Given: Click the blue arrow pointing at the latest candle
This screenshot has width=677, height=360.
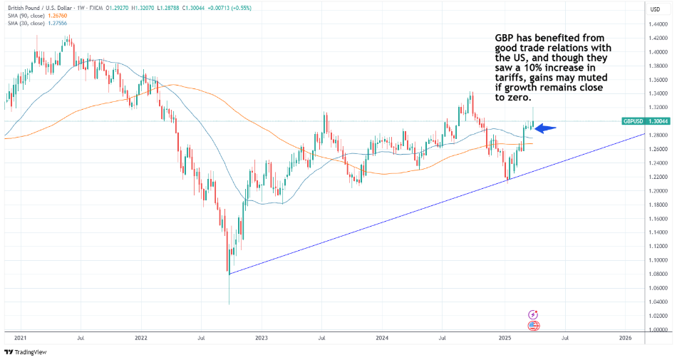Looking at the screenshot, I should coord(545,128).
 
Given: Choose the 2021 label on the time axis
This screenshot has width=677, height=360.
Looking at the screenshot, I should coord(20,337).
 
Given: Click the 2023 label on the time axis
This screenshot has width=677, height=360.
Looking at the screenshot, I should coord(262,337).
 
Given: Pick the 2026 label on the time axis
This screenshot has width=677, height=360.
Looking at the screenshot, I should coord(625,337).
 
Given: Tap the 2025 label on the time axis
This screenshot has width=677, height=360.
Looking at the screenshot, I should coord(505,337).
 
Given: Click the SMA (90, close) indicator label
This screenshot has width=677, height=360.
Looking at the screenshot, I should coord(28,16).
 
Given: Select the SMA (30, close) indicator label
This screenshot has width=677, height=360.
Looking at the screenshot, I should coord(28,24).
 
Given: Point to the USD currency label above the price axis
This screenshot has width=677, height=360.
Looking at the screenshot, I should coord(655,9).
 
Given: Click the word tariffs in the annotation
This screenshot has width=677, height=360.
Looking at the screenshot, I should coord(512,77).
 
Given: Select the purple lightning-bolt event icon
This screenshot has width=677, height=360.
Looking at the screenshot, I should coord(532,314).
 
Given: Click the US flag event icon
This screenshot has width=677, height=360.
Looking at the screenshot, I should coord(532,326).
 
